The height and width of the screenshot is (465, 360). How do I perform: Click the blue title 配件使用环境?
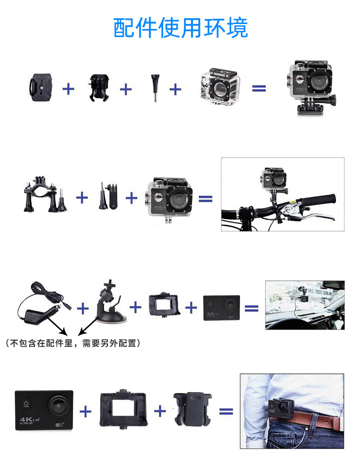click(180, 28)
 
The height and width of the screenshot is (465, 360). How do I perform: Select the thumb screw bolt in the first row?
click(156, 88)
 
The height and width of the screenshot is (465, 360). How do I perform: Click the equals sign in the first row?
click(259, 88)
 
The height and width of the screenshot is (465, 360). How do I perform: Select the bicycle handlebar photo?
click(282, 194)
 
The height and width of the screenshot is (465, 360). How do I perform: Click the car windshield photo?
click(304, 305)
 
